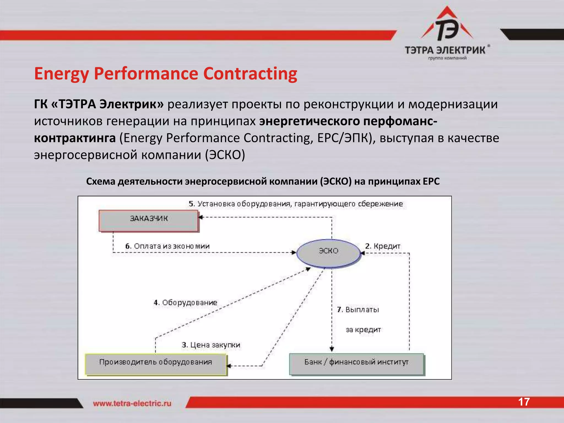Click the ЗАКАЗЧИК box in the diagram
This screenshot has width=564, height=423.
point(148,220)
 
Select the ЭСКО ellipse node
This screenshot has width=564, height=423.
point(328,253)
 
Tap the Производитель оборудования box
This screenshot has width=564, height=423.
point(156,364)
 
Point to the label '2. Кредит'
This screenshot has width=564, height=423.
point(383,246)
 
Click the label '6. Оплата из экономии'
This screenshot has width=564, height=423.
point(167,246)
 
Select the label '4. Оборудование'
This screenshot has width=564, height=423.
point(185,302)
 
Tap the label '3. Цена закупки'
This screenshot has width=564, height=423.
point(211,345)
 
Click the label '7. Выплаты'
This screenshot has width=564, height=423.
point(358,310)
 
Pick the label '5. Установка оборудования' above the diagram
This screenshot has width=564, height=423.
point(295,204)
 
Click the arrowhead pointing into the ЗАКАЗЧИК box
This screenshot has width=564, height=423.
point(200,217)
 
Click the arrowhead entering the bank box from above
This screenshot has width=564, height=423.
point(332,349)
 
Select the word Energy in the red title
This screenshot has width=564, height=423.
point(62,74)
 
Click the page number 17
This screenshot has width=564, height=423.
point(524,402)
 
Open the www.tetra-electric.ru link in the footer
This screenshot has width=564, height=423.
point(132,403)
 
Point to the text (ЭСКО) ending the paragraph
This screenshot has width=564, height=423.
point(225,155)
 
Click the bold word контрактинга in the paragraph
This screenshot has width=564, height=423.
point(75,138)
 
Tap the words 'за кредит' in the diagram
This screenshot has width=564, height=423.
point(363,330)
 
